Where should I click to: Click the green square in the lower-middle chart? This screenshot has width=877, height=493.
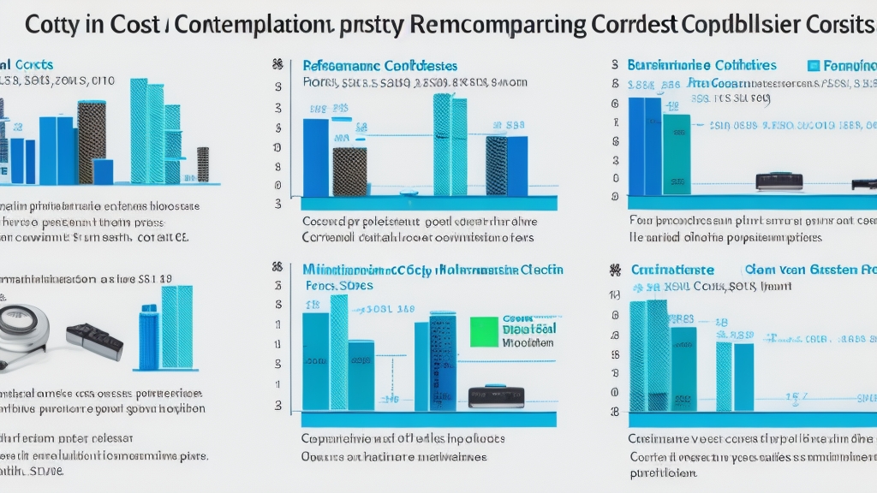click(484, 331)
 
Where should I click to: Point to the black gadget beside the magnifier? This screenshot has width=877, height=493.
click(94, 340)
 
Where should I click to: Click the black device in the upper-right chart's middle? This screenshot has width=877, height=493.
click(779, 181)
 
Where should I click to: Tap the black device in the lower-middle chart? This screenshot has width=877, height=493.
click(496, 396)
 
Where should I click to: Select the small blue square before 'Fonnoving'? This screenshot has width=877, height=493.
click(814, 66)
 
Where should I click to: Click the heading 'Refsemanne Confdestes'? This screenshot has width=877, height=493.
click(380, 66)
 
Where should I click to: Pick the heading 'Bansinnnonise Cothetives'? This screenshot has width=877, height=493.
click(701, 66)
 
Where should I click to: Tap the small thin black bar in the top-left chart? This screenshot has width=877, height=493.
click(203, 163)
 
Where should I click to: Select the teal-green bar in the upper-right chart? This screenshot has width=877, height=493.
click(677, 150)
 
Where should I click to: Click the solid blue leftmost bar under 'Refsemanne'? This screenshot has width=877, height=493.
click(315, 157)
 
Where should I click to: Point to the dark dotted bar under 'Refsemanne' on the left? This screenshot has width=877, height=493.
click(349, 171)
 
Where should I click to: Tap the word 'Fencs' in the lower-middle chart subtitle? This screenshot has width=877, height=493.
click(320, 284)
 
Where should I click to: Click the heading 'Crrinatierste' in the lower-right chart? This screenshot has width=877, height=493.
click(672, 270)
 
